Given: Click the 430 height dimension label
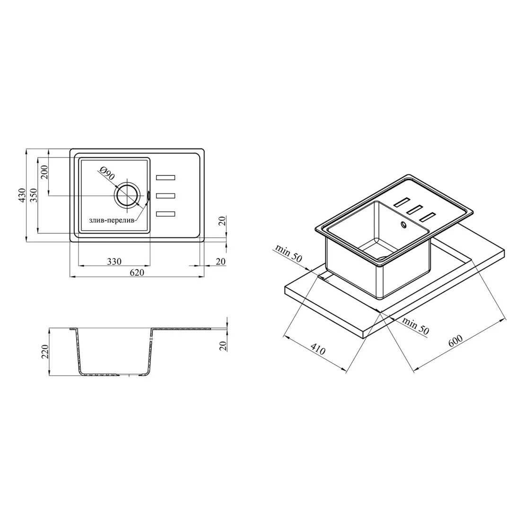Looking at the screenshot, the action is point(22,195).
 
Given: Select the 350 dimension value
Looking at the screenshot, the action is point(34,195).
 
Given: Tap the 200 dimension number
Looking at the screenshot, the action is point(45,172).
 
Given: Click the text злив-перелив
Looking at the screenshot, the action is point(112,221).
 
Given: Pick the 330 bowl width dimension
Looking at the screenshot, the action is point(114,261).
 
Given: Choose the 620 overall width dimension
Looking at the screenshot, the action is point(137,272).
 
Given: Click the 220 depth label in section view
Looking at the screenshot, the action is point(45,351).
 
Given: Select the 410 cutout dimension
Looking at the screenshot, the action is point(318,349).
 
